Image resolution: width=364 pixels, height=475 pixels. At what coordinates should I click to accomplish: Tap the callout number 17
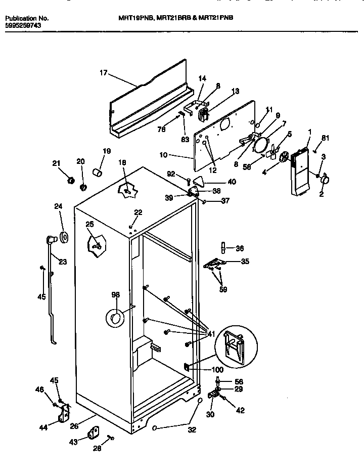(x=103, y=73)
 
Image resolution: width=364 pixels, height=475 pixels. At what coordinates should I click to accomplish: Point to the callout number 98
(x=116, y=295)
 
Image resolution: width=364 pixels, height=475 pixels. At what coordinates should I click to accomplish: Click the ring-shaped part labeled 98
(x=114, y=318)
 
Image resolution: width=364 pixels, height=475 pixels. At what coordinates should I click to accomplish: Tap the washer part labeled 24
(x=64, y=237)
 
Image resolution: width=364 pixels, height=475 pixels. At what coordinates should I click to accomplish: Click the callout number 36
(x=240, y=248)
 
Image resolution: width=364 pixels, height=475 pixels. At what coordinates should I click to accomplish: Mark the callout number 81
(x=325, y=138)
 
